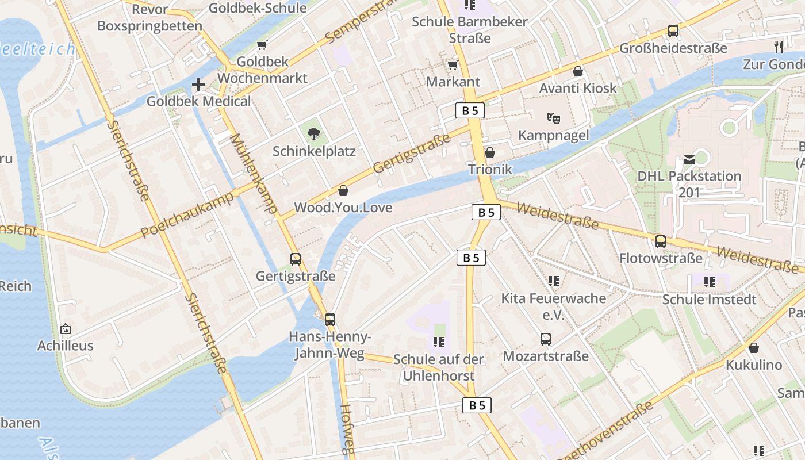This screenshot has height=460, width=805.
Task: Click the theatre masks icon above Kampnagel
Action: click(554, 118)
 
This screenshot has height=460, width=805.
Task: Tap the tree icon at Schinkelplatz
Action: click(314, 135)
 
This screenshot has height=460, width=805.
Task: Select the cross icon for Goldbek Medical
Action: click(198, 85)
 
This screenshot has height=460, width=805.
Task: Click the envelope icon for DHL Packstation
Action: click(689, 159)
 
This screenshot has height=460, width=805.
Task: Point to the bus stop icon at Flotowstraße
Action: click(661, 241)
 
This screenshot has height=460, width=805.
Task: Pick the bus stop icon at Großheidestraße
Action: click(673, 31)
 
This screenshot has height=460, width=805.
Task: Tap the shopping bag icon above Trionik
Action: click(490, 152)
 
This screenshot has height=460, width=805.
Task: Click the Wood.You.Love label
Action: click(343, 207)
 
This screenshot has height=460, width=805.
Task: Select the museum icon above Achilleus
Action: click(66, 329)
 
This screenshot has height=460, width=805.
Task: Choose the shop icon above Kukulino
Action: click(754, 348)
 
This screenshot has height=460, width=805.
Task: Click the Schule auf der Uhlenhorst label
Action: click(439, 367)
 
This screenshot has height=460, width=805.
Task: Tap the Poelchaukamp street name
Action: click(187, 214)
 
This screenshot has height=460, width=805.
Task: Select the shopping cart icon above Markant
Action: click(453, 66)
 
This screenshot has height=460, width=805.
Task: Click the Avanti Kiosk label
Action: click(578, 88)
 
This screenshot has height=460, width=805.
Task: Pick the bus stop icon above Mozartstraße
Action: click(546, 339)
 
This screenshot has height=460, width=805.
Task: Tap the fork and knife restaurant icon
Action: click(779, 46)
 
